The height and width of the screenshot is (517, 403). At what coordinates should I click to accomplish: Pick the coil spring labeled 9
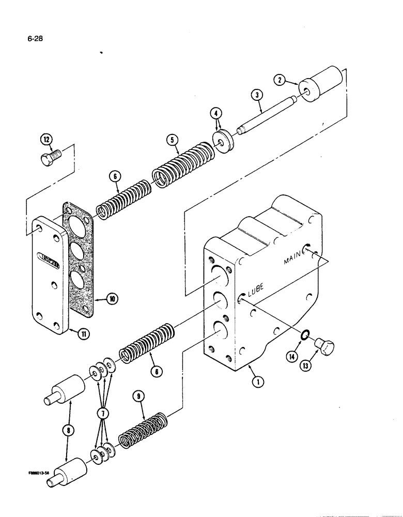(x=142, y=430)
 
